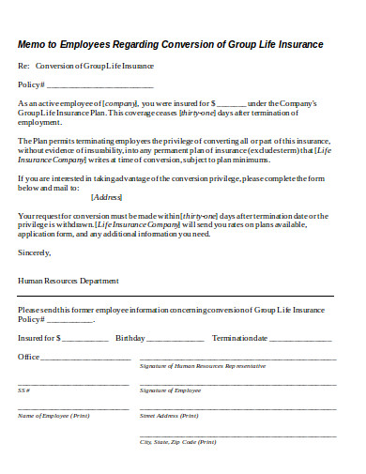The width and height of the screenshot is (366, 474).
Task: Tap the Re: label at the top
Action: (x=23, y=66)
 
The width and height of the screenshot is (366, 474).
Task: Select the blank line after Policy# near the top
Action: (x=89, y=84)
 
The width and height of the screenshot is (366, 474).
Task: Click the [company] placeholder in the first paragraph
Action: (x=120, y=101)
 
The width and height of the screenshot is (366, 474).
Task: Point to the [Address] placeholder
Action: (x=107, y=197)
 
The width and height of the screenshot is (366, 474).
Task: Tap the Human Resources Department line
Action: (x=69, y=280)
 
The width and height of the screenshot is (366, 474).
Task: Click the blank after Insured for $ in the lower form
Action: (x=85, y=337)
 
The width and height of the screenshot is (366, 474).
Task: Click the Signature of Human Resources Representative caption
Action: (x=203, y=366)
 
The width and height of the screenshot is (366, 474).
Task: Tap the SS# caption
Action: (x=23, y=390)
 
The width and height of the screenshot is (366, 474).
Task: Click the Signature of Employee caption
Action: (x=171, y=390)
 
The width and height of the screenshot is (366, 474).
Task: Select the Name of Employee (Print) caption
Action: (x=54, y=415)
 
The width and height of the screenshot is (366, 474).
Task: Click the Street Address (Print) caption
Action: (x=169, y=415)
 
